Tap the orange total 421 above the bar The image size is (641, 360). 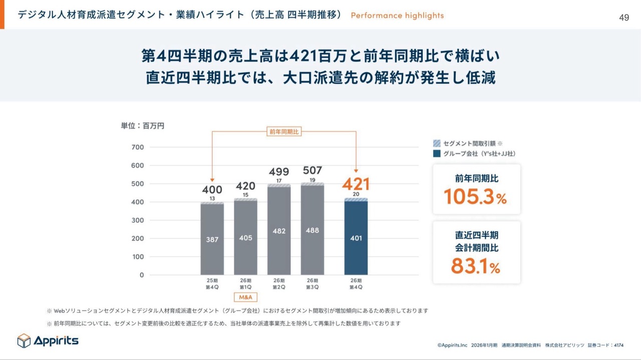coord(356,184)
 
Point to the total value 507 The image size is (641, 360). coord(312,170)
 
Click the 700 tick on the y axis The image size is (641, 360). coord(138,147)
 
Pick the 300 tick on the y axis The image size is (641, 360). coord(138,220)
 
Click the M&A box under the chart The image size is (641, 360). coord(246,297)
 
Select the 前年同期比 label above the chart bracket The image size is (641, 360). coord(283,132)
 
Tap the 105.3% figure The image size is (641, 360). coord(475,197)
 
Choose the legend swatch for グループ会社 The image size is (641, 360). coord(437,154)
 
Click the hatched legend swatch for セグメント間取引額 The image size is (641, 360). coord(437,143)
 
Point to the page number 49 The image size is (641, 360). coord(624,18)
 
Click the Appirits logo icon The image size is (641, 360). coord(24,341)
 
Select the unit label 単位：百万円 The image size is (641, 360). coord(142,126)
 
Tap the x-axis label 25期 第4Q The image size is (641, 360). coord(212,283)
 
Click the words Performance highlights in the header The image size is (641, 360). coord(397,16)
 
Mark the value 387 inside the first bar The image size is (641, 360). coord(212,239)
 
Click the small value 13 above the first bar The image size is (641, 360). coord(212,198)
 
